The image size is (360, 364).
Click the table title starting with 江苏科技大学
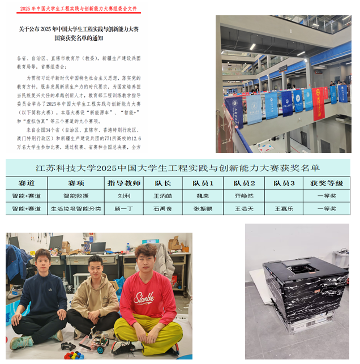(x=177, y=168)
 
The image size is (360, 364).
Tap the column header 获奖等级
(x=327, y=183)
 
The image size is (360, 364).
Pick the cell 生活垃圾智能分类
(x=75, y=208)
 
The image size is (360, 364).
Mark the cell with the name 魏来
(x=203, y=196)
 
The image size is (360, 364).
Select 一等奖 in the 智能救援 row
(x=327, y=196)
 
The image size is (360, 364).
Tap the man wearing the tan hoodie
(x=96, y=297)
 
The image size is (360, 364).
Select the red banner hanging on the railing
(x=318, y=102)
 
